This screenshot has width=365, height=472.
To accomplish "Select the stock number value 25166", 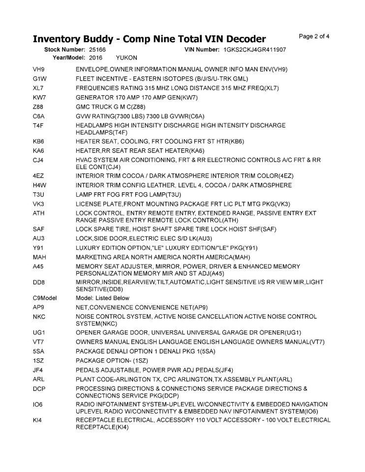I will (x=97, y=50).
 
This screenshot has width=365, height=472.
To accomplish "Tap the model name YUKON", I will (x=126, y=58).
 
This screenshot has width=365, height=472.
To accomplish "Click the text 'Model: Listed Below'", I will (x=102, y=298).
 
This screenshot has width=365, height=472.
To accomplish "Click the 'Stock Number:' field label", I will (x=65, y=50).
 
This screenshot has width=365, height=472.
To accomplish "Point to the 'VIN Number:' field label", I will (x=202, y=50).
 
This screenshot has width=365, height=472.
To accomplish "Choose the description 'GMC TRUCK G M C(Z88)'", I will (x=111, y=107).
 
